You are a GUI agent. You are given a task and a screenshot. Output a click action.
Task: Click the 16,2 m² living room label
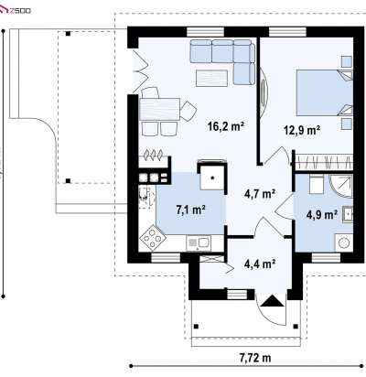click(226, 126)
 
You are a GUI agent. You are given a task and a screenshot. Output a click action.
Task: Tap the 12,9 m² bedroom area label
click(302, 130)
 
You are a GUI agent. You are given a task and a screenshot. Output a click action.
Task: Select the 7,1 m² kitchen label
click(190, 210)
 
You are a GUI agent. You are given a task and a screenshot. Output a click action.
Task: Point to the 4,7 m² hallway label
click(260, 193)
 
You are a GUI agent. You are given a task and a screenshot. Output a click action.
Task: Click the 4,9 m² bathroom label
click(322, 215)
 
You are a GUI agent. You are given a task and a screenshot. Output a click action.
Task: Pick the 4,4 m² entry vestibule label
click(260, 264)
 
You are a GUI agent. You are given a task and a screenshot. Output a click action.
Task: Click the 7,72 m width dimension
click(255, 358)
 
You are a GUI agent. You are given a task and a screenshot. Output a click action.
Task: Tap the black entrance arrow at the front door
click(273, 301)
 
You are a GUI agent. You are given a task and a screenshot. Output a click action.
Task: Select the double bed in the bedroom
click(325, 93)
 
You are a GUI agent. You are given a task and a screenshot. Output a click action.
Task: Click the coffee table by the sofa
click(211, 79)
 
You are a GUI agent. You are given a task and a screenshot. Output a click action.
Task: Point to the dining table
click(159, 109)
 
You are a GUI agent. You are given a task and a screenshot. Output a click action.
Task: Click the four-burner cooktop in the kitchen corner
click(153, 238)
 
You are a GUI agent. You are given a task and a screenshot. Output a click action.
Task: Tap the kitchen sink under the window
click(199, 243)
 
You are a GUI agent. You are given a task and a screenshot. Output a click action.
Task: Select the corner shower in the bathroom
click(341, 186)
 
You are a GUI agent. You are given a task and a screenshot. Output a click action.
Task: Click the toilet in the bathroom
click(317, 184)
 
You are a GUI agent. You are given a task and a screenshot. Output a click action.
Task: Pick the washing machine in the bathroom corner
click(344, 242)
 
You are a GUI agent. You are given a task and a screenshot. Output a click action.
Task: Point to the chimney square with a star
click(212, 178)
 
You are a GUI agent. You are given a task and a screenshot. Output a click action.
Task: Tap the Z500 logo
click(16, 11)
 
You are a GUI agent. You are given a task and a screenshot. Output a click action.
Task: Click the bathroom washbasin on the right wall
click(348, 214)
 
